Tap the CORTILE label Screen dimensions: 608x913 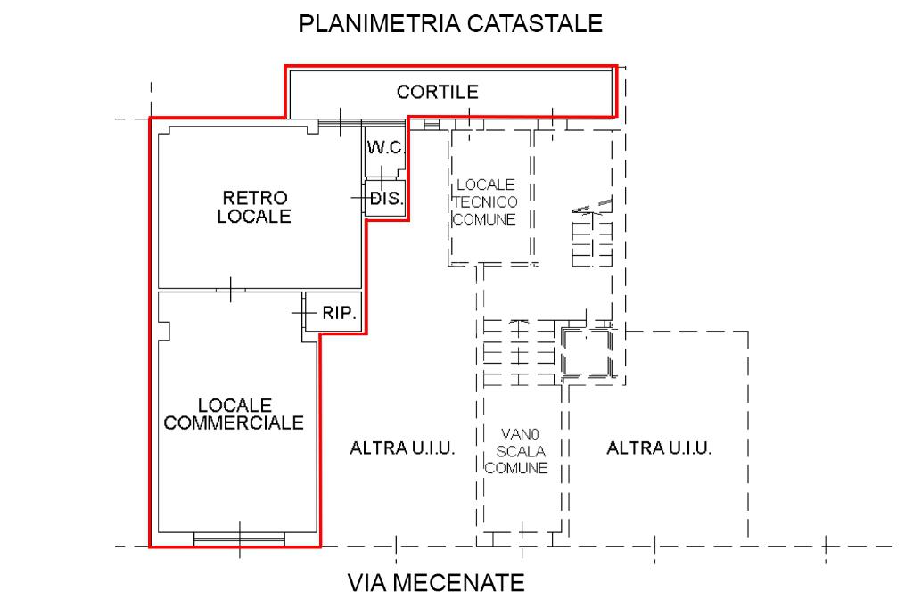coord(438,91)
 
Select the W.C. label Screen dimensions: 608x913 coord(385,146)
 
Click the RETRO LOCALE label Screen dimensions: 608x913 coord(255,206)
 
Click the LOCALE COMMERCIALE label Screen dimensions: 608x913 coord(234,414)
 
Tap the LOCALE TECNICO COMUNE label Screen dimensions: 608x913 coord(485,202)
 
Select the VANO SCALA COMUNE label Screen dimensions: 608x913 coord(522,451)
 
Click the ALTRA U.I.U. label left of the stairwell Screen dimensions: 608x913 coord(403,448)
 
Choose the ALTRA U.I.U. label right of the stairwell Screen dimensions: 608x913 coord(659,448)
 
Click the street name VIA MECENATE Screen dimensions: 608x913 coord(435,584)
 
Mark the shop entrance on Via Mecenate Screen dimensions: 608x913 coord(239,537)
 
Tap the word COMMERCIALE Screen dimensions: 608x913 coord(234,423)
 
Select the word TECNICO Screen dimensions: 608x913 coord(485,202)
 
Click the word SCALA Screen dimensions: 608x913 coord(522,451)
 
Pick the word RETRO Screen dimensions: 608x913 coord(255,197)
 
